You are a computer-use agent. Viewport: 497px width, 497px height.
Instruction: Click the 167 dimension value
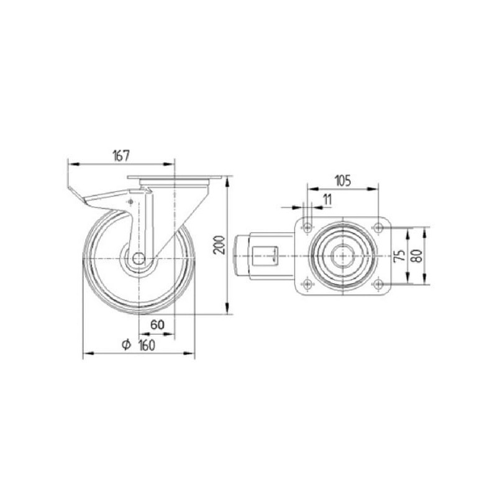(121, 156)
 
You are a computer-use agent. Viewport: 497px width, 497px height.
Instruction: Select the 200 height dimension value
(219, 245)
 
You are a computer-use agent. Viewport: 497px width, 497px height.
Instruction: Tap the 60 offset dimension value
(157, 325)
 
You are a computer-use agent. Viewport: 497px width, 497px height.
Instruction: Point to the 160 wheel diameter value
(147, 345)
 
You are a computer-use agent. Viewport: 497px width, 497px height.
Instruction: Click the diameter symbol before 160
(127, 345)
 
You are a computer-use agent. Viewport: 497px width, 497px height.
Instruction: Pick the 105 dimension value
(343, 181)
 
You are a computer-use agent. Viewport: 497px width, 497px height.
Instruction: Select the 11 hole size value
(327, 199)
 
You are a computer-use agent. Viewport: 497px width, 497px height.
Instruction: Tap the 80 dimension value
(417, 256)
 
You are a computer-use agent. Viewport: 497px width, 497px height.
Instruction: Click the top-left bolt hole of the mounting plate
(307, 227)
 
